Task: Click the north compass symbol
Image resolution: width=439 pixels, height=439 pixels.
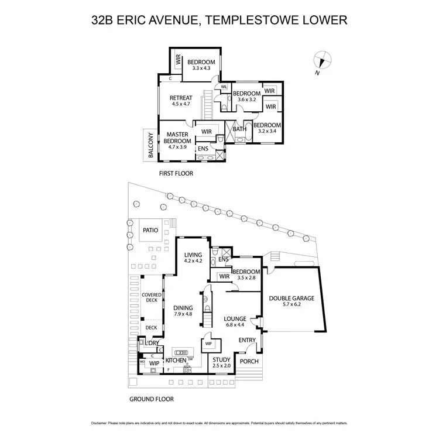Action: pyautogui.click(x=321, y=61)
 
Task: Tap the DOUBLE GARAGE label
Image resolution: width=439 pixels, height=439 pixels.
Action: pyautogui.click(x=291, y=298)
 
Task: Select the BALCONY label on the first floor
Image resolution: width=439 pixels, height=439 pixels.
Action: pyautogui.click(x=152, y=146)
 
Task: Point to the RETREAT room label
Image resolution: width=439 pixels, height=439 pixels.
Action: pyautogui.click(x=181, y=98)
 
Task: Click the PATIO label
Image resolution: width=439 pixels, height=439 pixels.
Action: pyautogui.click(x=150, y=231)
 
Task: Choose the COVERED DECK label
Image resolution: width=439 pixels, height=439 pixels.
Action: pyautogui.click(x=150, y=297)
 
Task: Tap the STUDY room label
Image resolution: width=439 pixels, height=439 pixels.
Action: pyautogui.click(x=221, y=361)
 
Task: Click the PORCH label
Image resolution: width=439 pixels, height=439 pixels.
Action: pyautogui.click(x=249, y=362)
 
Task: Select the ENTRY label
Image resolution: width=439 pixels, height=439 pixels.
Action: pyautogui.click(x=247, y=340)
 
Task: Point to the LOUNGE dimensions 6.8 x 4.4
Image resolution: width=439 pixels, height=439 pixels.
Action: pyautogui.click(x=238, y=326)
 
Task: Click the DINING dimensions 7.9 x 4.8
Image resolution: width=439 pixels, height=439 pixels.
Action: pyautogui.click(x=183, y=314)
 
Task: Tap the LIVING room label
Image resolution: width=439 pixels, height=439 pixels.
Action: pyautogui.click(x=193, y=255)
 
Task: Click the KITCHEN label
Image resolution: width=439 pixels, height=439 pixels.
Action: pyautogui.click(x=176, y=361)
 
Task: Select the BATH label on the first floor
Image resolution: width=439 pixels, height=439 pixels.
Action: pyautogui.click(x=239, y=129)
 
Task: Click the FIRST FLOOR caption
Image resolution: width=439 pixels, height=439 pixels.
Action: pyautogui.click(x=176, y=174)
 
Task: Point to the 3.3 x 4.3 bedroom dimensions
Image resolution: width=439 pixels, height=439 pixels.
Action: pyautogui.click(x=201, y=69)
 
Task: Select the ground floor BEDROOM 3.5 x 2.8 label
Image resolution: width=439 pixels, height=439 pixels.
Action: pyautogui.click(x=246, y=272)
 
